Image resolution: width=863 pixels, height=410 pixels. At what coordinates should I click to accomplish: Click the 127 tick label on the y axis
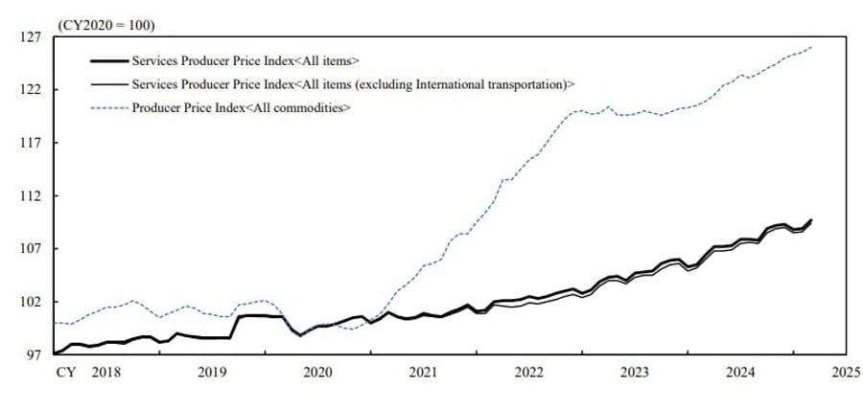(x=30, y=37)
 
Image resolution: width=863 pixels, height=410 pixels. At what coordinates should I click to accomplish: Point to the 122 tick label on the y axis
(x=30, y=90)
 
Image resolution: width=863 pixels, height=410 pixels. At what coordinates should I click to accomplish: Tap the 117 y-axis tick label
(x=30, y=143)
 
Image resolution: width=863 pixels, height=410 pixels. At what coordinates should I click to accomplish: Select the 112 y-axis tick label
(x=30, y=196)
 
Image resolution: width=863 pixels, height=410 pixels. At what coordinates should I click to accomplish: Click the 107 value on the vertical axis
(x=30, y=249)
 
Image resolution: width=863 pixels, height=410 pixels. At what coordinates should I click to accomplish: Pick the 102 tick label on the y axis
(x=30, y=302)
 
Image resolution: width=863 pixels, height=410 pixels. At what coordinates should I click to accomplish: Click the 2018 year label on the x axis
(x=105, y=372)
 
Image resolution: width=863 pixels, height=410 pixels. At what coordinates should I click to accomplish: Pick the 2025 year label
(x=846, y=372)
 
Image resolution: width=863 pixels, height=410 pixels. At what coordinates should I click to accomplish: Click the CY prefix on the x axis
(x=64, y=372)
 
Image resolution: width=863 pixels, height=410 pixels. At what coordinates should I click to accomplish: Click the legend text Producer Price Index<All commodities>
(x=241, y=107)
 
